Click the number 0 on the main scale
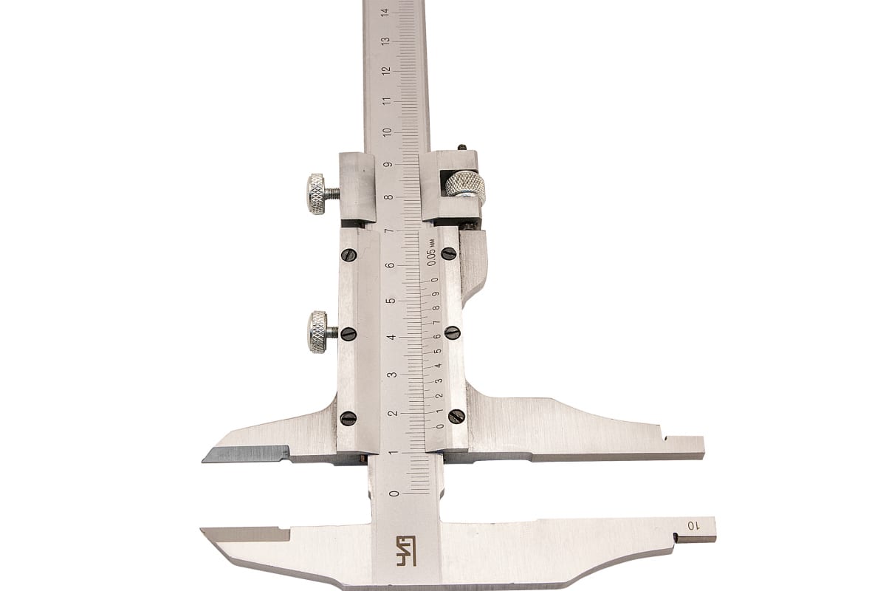click(x=394, y=493)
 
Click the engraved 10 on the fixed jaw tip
click(x=692, y=526)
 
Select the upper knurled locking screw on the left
click(x=321, y=194)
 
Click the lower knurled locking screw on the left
click(x=322, y=332)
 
